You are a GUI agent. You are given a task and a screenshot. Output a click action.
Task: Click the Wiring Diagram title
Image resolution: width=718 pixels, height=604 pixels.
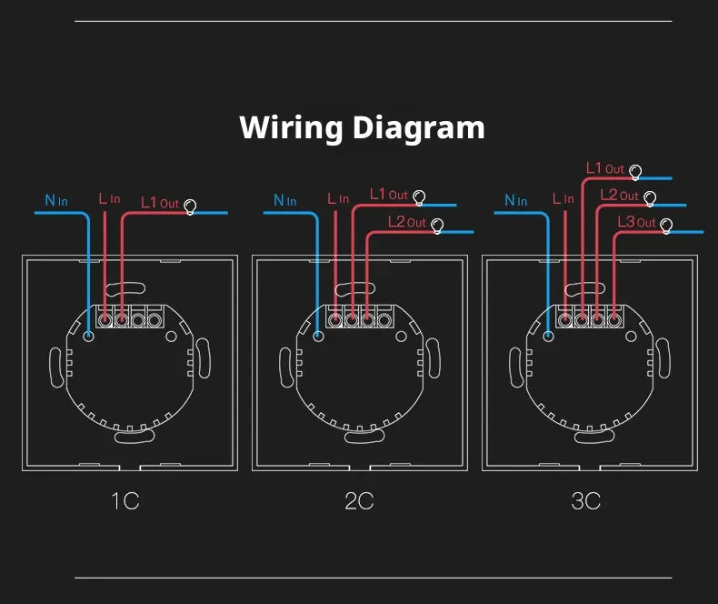(362, 128)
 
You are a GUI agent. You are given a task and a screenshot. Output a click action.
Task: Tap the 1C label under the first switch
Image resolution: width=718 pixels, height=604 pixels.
(125, 501)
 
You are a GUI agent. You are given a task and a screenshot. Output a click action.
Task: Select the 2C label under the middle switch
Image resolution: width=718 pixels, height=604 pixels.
(359, 501)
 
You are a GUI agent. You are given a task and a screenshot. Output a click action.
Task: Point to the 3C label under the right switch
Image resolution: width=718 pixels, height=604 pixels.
(585, 501)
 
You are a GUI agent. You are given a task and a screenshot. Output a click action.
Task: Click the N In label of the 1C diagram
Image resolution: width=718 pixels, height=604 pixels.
(56, 200)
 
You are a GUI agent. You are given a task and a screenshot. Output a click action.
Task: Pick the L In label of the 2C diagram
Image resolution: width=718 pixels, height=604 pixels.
(338, 198)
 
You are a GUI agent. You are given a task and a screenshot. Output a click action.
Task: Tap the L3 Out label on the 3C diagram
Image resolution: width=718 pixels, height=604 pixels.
(636, 222)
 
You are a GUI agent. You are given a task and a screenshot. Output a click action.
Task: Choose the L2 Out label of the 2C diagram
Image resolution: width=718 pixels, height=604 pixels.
(407, 222)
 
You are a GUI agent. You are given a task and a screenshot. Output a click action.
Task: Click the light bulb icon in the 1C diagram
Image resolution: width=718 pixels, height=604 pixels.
(190, 206)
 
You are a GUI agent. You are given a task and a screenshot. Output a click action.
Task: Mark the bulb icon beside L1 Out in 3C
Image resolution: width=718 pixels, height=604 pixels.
(635, 172)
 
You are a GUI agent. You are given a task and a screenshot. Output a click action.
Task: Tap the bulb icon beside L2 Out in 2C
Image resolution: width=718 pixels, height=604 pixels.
(437, 226)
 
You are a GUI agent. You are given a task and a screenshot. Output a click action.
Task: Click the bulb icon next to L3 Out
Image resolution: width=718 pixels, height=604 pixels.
(666, 226)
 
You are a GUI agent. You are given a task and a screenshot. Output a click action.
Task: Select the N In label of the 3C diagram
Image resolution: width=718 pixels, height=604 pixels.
(515, 200)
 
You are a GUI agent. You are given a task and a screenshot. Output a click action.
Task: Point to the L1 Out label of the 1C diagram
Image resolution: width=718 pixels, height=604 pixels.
(160, 203)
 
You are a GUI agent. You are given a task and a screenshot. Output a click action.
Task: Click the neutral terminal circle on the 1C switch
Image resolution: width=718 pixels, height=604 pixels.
(88, 337)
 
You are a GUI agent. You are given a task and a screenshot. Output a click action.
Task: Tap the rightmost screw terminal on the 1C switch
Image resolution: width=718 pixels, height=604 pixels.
(155, 320)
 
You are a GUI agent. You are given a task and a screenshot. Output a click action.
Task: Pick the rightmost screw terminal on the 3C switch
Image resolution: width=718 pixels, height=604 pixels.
(614, 320)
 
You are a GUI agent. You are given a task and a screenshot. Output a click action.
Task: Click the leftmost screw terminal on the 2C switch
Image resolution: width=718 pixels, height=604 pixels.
(335, 320)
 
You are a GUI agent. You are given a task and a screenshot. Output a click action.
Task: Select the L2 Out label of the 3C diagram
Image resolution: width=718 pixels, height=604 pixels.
(619, 196)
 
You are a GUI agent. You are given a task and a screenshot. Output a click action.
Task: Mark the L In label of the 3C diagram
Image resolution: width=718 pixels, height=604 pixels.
(563, 198)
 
